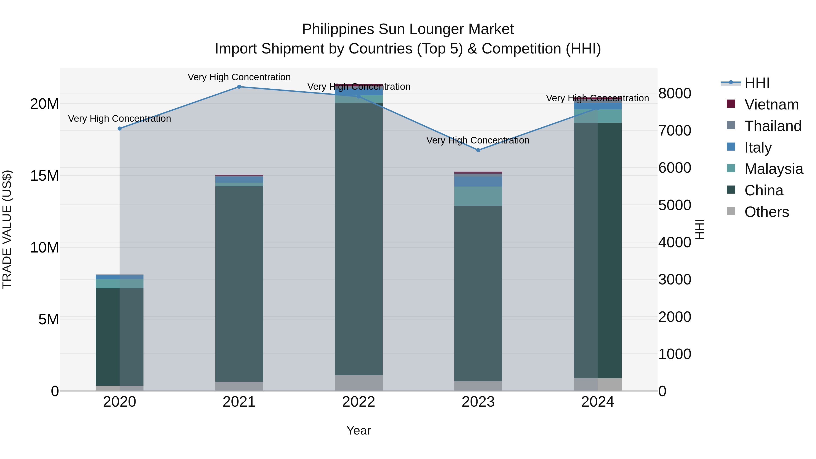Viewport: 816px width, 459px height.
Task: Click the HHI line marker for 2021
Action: [239, 87]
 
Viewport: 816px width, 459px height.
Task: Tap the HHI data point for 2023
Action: [478, 150]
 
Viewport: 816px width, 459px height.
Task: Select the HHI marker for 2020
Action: [120, 129]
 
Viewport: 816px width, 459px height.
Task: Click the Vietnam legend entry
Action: [771, 104]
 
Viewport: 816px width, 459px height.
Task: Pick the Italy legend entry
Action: [758, 147]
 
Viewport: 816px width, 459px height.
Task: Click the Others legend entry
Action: [767, 212]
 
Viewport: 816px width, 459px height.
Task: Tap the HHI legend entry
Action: [757, 83]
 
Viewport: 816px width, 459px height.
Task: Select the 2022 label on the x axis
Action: [359, 402]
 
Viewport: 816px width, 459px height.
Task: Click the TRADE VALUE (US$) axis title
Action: [7, 229]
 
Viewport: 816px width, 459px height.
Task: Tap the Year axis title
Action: [359, 430]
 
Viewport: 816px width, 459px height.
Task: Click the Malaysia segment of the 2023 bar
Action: [478, 196]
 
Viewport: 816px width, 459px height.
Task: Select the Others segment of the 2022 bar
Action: [359, 383]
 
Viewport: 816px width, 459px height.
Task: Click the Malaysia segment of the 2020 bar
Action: [120, 284]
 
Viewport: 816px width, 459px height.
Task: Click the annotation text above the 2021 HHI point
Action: [239, 77]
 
